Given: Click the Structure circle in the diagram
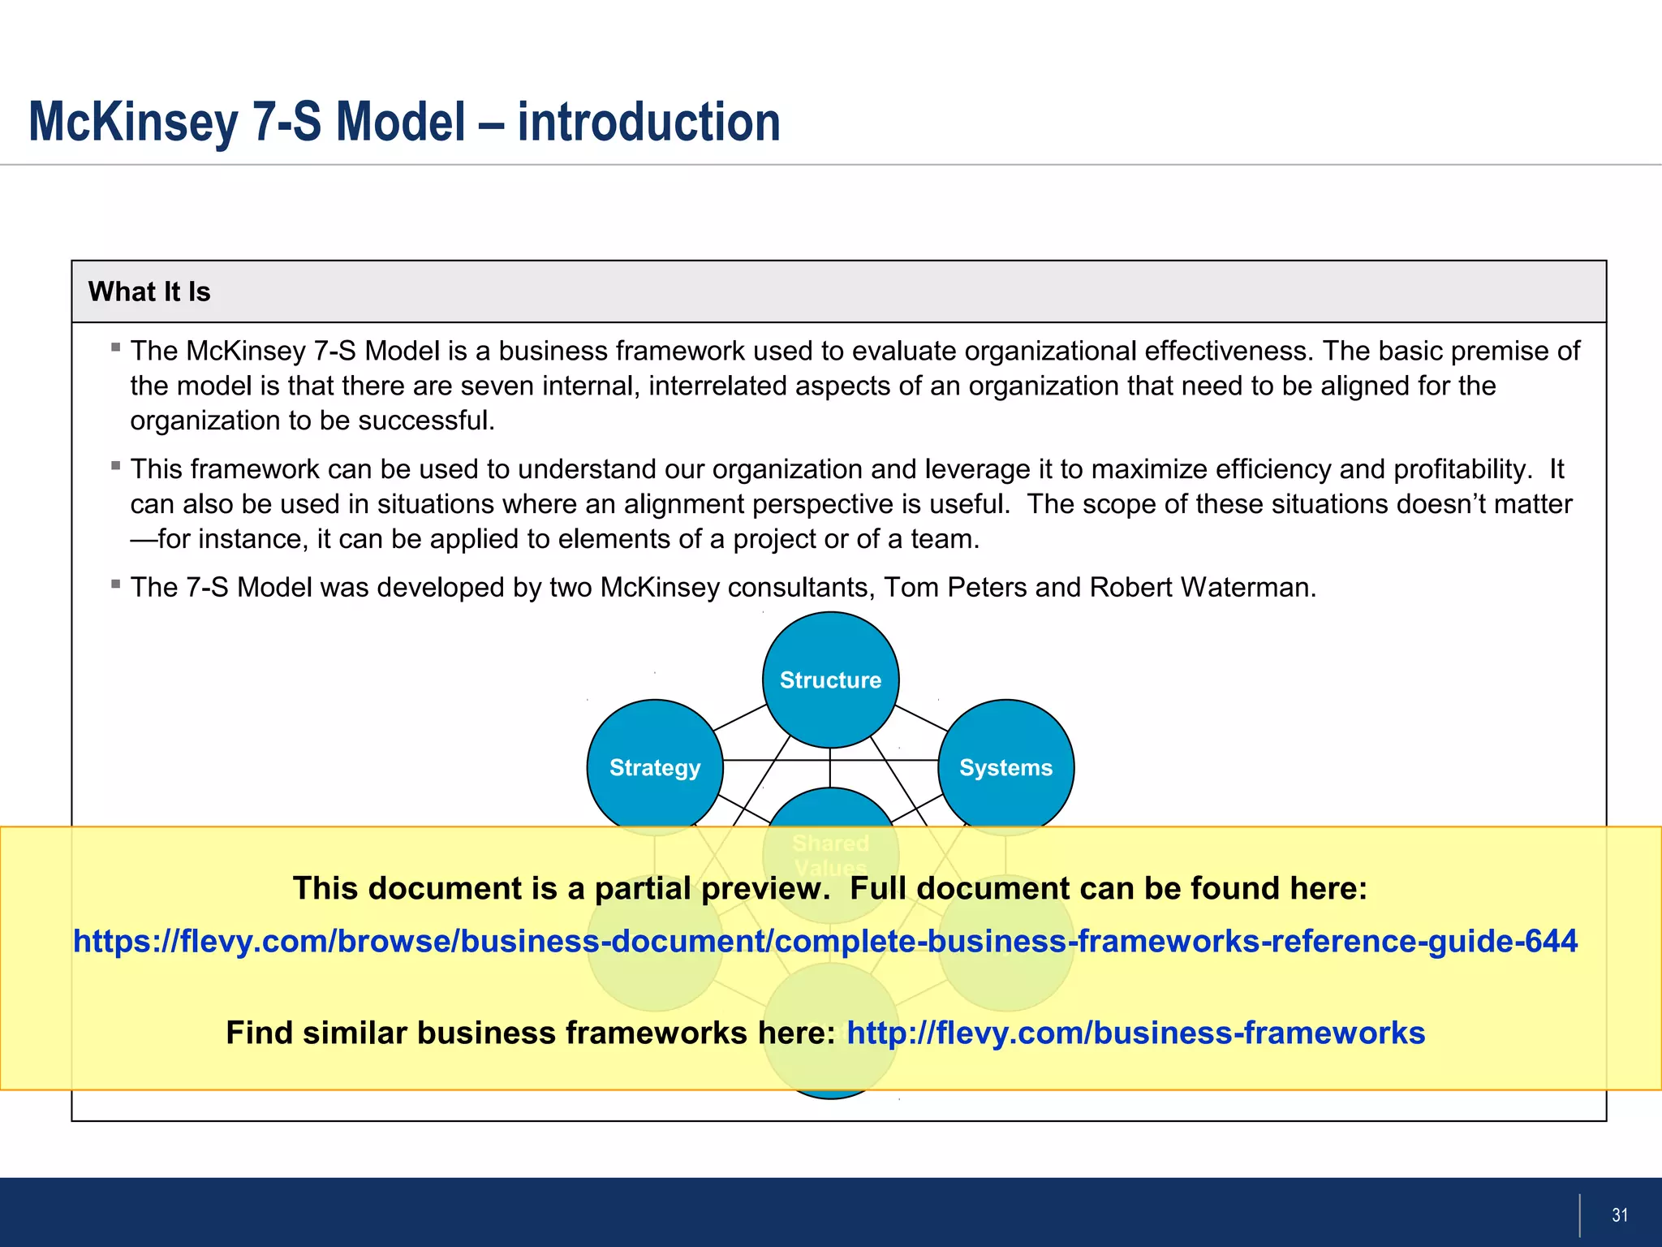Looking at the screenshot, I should click(x=830, y=680).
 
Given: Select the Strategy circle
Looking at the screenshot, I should click(x=655, y=767).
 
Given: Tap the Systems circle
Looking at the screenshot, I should click(x=1005, y=767).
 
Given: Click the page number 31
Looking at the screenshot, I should click(x=1620, y=1215).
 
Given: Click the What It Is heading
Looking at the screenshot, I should click(x=149, y=291).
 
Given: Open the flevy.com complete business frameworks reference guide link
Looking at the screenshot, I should click(x=825, y=941).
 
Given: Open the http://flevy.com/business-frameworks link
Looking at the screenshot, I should click(x=1135, y=1033).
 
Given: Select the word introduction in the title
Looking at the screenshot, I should click(x=648, y=122).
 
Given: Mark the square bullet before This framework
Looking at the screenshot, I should click(x=116, y=465).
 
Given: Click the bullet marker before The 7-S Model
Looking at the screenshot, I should click(x=116, y=584).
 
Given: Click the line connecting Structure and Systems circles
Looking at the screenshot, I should click(x=920, y=718).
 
